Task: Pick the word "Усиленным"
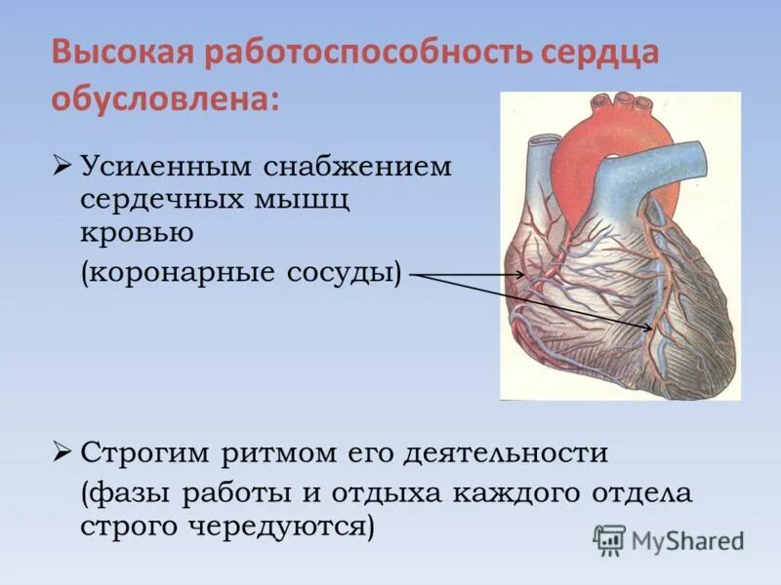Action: pos(165,167)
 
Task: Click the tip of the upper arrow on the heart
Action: pos(524,276)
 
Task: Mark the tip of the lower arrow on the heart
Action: pos(653,330)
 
